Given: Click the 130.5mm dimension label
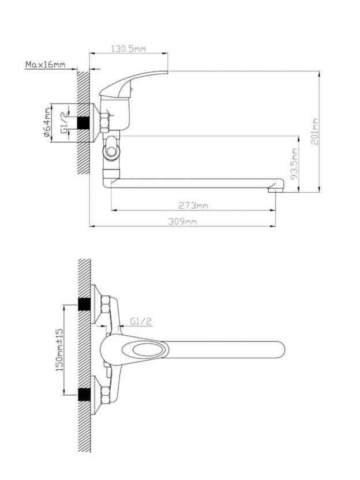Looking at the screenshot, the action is click(128, 48).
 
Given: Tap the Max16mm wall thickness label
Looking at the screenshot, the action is click(46, 65).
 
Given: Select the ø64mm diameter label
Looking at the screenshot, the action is click(47, 122).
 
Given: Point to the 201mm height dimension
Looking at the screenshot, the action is click(316, 132).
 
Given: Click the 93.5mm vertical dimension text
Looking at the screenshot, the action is click(294, 164).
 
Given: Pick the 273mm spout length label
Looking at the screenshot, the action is click(193, 206).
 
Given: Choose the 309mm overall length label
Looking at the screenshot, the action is click(182, 222).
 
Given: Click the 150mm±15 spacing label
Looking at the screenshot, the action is click(59, 350).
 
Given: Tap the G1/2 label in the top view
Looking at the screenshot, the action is click(141, 321).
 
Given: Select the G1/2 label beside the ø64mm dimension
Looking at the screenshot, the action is click(65, 122).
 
